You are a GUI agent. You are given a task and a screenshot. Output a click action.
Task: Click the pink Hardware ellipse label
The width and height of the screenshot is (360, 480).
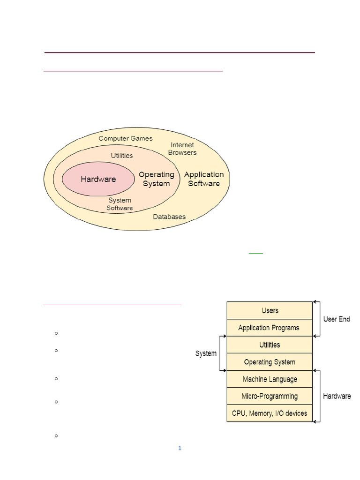pyautogui.click(x=98, y=179)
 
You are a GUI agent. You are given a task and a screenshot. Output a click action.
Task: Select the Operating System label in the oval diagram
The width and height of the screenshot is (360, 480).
pyautogui.click(x=157, y=179)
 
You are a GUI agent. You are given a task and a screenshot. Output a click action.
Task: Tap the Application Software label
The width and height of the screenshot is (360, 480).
pyautogui.click(x=204, y=179)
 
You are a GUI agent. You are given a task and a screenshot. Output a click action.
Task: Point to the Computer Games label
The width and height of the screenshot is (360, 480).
pyautogui.click(x=126, y=138)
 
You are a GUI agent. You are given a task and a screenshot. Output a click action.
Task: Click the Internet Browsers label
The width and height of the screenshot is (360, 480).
pyautogui.click(x=182, y=149)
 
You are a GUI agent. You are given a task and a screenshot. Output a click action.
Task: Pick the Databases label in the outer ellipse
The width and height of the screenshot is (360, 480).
pyautogui.click(x=169, y=217)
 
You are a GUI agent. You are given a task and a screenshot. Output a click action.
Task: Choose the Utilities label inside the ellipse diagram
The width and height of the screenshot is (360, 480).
pyautogui.click(x=122, y=156)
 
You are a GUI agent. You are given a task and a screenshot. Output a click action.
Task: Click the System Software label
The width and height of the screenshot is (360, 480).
pyautogui.click(x=120, y=204)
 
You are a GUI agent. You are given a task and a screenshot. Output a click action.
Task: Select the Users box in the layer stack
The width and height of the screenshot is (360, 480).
pyautogui.click(x=270, y=310)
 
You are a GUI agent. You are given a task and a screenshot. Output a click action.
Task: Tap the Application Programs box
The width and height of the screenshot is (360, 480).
pyautogui.click(x=270, y=328)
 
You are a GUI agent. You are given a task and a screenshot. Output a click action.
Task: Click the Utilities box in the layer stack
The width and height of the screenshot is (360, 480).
pyautogui.click(x=270, y=345)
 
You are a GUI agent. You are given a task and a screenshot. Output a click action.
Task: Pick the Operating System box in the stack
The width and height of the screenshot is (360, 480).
pyautogui.click(x=270, y=362)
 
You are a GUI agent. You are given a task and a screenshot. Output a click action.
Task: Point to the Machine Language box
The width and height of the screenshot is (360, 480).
pyautogui.click(x=270, y=379)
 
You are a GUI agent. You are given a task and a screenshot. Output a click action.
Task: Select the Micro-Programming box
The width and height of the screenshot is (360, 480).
pyautogui.click(x=270, y=396)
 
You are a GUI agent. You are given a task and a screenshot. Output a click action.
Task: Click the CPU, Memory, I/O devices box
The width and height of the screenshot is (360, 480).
pyautogui.click(x=270, y=413)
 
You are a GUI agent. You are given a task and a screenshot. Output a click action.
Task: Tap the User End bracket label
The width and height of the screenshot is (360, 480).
pyautogui.click(x=337, y=319)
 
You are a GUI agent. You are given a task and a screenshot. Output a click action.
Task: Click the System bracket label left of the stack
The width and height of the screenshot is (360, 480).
pyautogui.click(x=206, y=353)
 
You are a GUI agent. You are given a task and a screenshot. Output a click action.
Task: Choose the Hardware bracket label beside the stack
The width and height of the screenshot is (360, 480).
pyautogui.click(x=337, y=396)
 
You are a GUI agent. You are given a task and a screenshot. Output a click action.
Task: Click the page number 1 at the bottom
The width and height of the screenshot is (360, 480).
pyautogui.click(x=180, y=448)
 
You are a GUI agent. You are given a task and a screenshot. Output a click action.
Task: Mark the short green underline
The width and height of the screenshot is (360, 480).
pyautogui.click(x=256, y=254)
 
